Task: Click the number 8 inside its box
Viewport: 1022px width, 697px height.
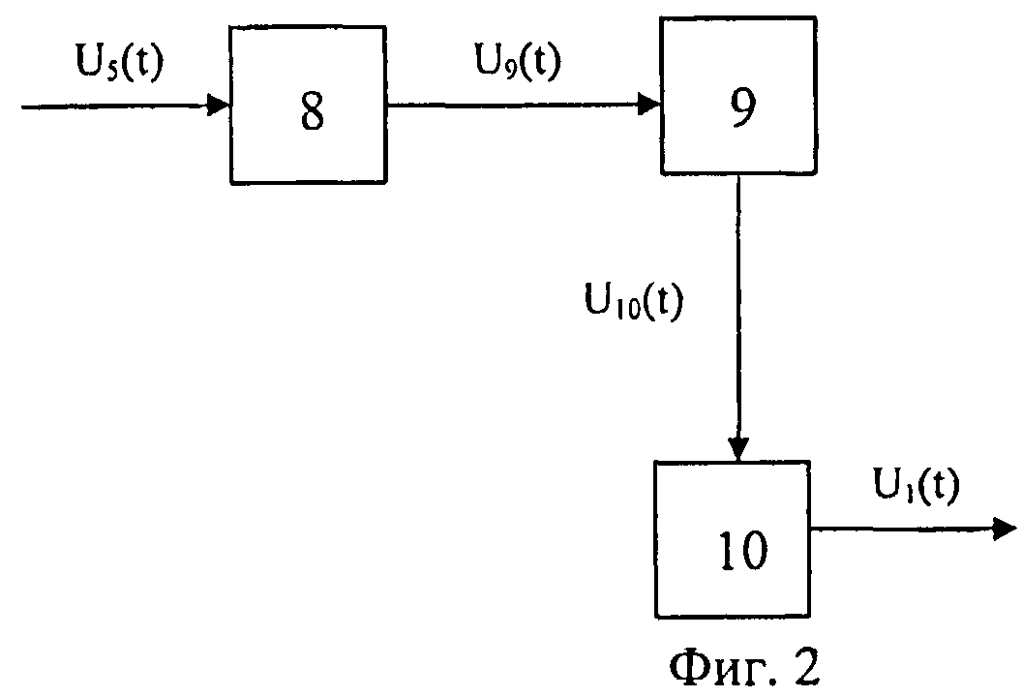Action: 313,112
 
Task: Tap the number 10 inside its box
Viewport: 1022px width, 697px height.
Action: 743,550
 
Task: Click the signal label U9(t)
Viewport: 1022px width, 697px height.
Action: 518,62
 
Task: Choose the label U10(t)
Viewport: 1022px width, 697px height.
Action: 633,302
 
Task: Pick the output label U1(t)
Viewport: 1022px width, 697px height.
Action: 917,486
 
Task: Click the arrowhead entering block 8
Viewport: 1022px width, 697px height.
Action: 219,105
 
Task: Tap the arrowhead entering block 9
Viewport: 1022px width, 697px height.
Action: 649,103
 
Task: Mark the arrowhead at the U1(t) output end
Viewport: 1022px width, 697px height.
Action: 1005,529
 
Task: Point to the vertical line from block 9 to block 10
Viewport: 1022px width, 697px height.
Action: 738,318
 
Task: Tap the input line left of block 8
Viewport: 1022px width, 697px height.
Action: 126,106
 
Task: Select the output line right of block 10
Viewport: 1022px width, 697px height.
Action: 914,529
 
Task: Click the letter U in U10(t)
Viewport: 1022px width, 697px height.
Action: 598,299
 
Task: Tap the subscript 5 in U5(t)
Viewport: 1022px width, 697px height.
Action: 111,70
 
